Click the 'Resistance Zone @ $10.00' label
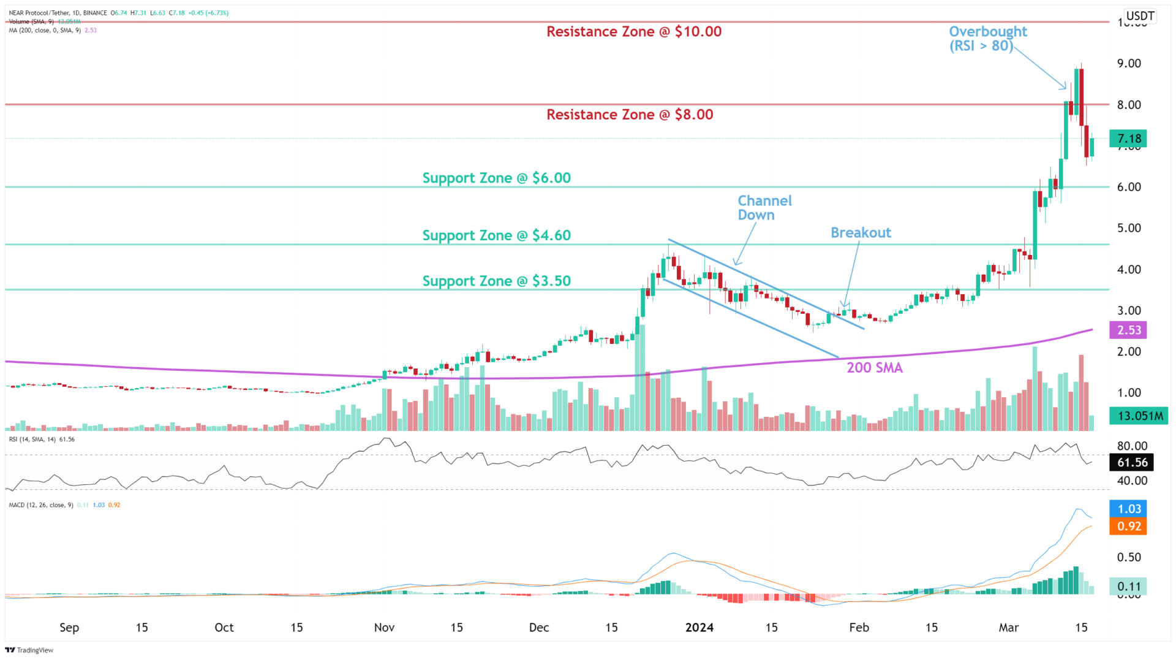pos(634,32)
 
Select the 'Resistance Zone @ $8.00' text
pos(630,115)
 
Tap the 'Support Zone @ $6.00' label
pos(496,178)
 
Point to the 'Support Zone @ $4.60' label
pos(496,235)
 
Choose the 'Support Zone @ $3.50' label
pos(496,281)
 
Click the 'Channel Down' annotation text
pos(764,208)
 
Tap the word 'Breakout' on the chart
pos(861,233)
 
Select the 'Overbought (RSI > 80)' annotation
pos(987,39)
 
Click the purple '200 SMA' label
pos(874,368)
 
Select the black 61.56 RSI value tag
pos(1132,463)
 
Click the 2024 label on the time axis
pos(699,628)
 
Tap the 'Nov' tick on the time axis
pos(384,628)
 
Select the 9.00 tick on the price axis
pos(1129,64)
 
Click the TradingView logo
pos(29,650)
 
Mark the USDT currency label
pos(1140,16)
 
